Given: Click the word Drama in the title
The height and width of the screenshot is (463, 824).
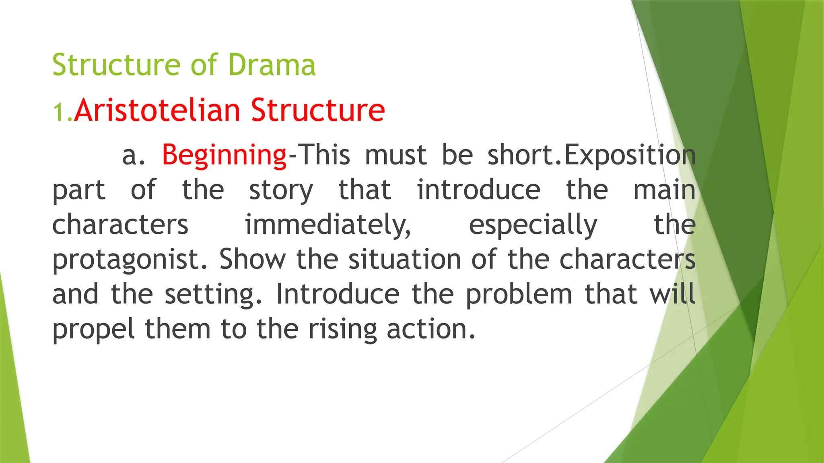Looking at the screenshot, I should tap(272, 65).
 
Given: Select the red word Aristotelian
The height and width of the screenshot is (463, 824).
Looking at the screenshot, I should tap(157, 110).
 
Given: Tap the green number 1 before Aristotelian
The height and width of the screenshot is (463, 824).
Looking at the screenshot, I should tap(59, 112).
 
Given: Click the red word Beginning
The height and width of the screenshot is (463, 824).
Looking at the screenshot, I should tap(225, 155).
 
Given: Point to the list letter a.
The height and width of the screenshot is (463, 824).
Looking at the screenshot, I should tap(133, 156).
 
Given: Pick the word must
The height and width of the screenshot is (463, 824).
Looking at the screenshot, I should tap(396, 155).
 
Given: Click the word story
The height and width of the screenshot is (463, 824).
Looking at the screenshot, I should tap(280, 191).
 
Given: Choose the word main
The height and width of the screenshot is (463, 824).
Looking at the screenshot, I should tap(664, 190).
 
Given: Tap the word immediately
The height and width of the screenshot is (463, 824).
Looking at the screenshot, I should tap(328, 225).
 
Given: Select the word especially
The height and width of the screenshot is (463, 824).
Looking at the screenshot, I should tap(533, 225).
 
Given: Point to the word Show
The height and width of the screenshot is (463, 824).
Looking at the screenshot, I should tap(253, 259).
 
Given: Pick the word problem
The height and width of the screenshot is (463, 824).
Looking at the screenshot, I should tap(519, 295).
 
